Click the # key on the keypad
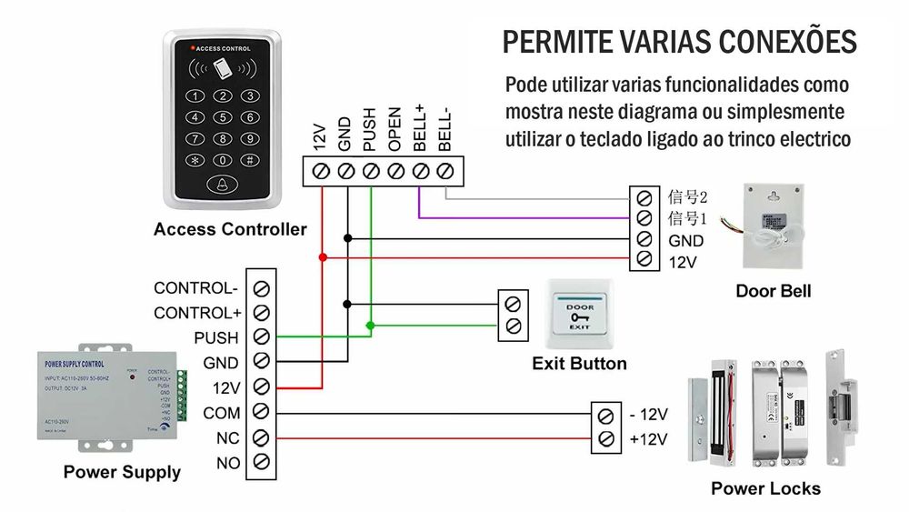247,160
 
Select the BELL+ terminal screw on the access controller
420,170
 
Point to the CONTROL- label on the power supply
195,288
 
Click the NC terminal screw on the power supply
262,438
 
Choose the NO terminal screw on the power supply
262,463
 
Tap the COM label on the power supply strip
221,413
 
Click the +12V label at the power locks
648,440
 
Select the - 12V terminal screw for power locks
605,417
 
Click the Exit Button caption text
579,364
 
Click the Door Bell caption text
773,292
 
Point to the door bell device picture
774,226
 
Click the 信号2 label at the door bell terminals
687,196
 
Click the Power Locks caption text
765,488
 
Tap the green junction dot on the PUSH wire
370,325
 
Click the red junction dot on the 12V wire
323,257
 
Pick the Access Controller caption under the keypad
230,229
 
